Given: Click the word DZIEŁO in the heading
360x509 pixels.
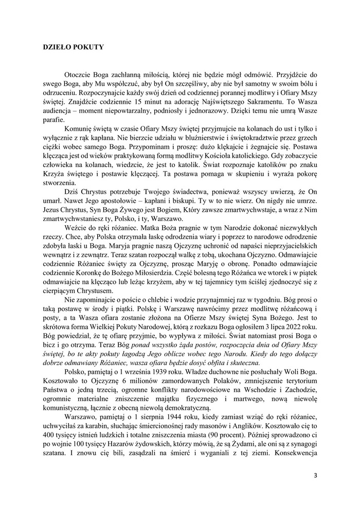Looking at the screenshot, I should coord(58,47).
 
